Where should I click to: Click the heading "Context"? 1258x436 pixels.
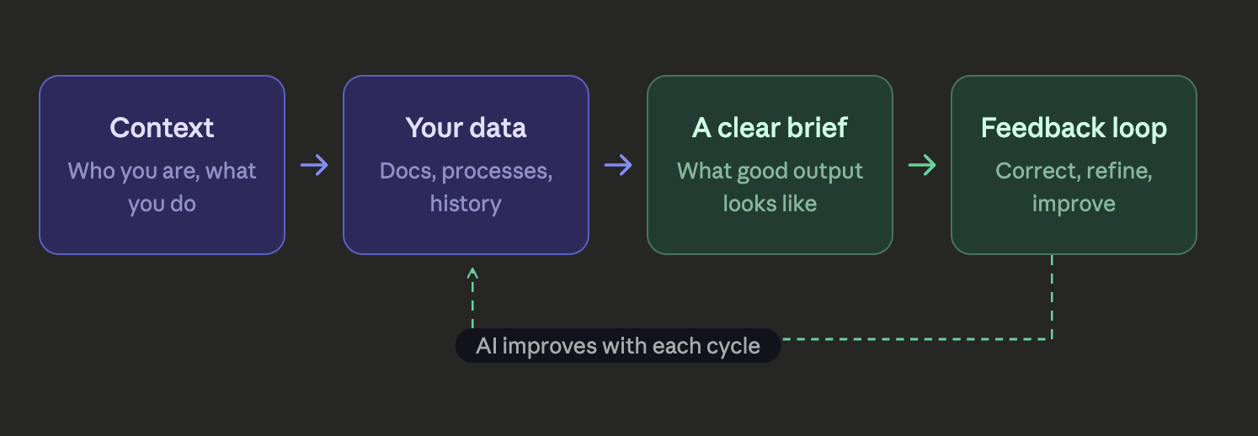tap(162, 128)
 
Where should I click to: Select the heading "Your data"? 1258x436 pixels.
tap(466, 128)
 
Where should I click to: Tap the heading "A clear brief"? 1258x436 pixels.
tap(770, 128)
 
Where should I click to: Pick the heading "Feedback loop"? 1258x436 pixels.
tap(1074, 128)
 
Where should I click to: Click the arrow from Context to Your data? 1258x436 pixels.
tap(314, 165)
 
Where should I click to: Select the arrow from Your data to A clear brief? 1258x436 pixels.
tap(618, 165)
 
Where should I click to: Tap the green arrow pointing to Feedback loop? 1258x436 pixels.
tap(922, 165)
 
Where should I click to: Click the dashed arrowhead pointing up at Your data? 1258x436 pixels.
tap(472, 273)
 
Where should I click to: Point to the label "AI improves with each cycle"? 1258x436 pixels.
tap(617, 346)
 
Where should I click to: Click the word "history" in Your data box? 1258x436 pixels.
tap(466, 204)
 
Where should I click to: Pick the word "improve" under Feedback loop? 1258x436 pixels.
tap(1074, 204)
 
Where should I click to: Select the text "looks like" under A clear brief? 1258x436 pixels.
tap(770, 204)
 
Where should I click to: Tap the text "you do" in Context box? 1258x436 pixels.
tap(162, 204)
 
